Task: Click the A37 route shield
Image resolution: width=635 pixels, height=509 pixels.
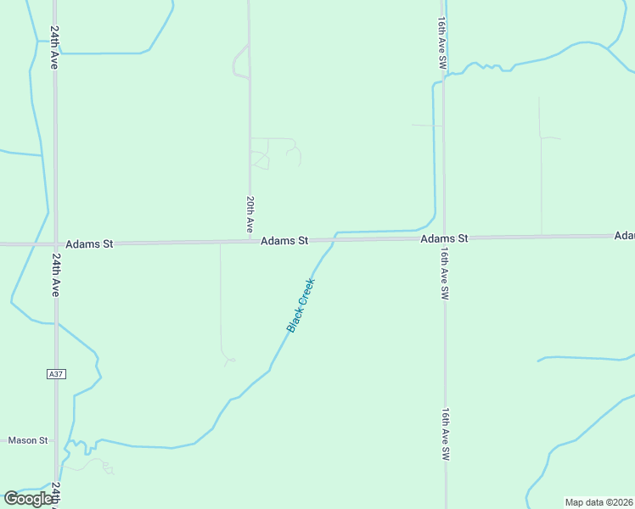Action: tap(55, 373)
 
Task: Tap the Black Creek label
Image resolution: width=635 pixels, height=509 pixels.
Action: tap(301, 305)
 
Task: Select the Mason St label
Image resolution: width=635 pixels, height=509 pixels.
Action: tap(28, 440)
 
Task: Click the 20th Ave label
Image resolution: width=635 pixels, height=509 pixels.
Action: tap(250, 215)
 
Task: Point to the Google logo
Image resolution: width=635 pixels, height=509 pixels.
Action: tap(28, 499)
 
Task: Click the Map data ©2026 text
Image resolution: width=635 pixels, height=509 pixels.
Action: tap(599, 502)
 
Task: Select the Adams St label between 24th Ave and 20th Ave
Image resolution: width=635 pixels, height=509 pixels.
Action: tap(89, 243)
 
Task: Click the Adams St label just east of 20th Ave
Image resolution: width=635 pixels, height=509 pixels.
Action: tap(284, 241)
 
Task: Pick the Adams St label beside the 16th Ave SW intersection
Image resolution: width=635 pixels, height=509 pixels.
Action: tap(444, 239)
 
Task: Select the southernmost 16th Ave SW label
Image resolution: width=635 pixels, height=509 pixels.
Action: tap(445, 434)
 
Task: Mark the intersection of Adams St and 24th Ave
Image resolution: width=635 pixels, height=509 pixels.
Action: tap(55, 244)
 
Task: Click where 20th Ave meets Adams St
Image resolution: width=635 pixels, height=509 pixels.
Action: tap(250, 242)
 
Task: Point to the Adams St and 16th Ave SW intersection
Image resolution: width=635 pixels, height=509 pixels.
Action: tap(444, 238)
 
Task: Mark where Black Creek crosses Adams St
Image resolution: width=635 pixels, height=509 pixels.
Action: tap(332, 240)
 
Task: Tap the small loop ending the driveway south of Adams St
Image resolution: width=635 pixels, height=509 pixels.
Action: tap(228, 361)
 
